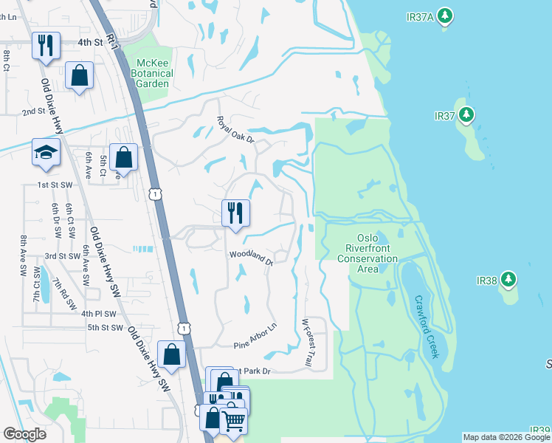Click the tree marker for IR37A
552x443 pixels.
point(444,16)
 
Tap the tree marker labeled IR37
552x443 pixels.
point(466,116)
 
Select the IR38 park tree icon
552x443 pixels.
point(508,281)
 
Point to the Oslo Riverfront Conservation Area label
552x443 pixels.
point(368,253)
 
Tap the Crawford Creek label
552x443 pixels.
point(427,327)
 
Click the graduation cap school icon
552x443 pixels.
point(46,153)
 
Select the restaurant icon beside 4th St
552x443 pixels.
point(46,46)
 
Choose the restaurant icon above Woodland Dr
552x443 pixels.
point(236,213)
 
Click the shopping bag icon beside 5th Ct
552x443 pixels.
point(124,157)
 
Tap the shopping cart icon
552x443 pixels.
point(233,421)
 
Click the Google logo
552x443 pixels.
point(25,434)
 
